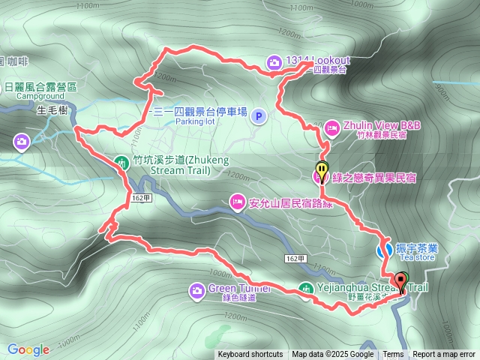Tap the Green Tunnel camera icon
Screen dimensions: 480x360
(196, 289)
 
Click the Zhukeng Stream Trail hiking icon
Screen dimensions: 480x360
(121, 160)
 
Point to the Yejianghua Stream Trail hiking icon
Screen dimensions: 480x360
(305, 288)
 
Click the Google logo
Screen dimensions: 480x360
(28, 349)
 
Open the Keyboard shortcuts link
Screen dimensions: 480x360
(250, 355)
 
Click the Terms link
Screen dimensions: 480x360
(393, 355)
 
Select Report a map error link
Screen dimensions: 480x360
(443, 355)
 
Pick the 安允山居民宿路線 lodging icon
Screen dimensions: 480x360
(237, 201)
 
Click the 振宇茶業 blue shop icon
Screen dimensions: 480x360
(383, 250)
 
